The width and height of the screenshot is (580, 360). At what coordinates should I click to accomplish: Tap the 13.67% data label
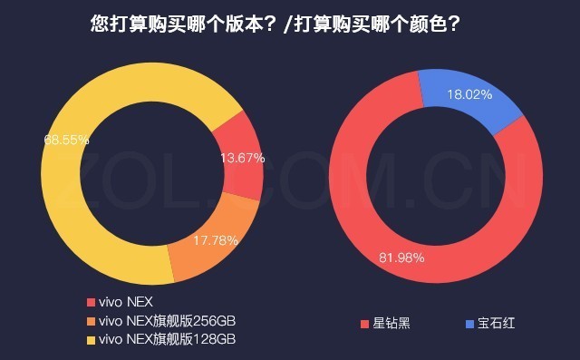(242, 158)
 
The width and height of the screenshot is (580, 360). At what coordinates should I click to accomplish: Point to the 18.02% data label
(469, 93)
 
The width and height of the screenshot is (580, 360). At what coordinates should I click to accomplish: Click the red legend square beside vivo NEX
(90, 302)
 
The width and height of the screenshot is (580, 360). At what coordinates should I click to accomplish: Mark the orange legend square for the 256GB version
(90, 321)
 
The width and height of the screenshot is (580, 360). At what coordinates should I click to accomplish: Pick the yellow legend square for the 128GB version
(90, 340)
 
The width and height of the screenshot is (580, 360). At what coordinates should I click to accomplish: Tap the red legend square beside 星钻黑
(364, 323)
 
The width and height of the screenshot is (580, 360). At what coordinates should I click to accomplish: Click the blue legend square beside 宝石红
(469, 323)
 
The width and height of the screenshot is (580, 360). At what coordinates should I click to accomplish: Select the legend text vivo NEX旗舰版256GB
(171, 321)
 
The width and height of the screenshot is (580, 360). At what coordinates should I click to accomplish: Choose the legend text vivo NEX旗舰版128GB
(171, 340)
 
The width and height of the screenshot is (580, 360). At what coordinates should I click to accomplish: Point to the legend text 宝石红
(497, 323)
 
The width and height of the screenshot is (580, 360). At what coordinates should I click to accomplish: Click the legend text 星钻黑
(391, 323)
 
